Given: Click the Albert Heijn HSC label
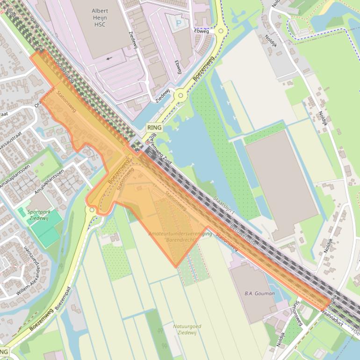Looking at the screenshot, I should click(x=100, y=17).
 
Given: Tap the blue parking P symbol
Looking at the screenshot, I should click(x=178, y=22).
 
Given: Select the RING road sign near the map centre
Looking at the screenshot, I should click(x=154, y=128).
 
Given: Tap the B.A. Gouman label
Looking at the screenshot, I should click(x=259, y=294).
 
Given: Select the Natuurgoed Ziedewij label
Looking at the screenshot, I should click(x=187, y=329).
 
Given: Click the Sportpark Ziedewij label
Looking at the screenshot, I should click(x=39, y=215).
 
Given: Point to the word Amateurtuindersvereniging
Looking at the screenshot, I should click(x=180, y=233).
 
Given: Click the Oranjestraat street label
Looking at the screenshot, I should click(x=44, y=96).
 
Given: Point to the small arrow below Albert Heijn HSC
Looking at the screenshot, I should click(x=109, y=58).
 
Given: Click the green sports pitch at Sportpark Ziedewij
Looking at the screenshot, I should click(x=46, y=229).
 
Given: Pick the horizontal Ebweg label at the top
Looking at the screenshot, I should click(x=202, y=31).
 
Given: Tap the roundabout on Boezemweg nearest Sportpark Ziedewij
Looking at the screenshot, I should click(x=92, y=210).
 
